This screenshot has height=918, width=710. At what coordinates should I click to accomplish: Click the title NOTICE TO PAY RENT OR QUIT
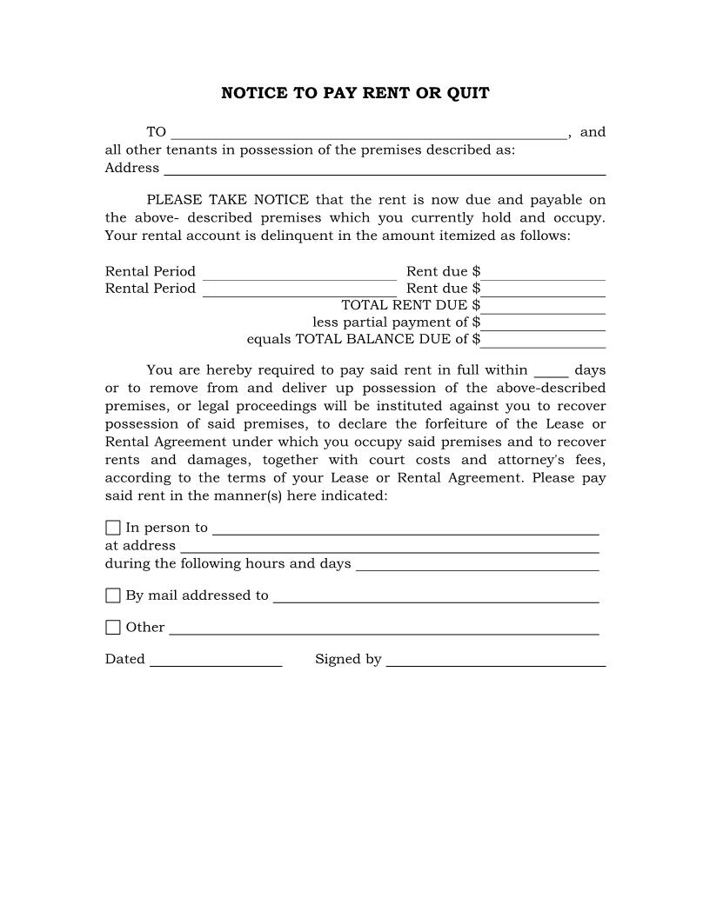(x=355, y=93)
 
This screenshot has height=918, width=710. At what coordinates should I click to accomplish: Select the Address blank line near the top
(x=385, y=170)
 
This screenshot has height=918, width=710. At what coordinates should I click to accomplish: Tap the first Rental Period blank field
(x=299, y=274)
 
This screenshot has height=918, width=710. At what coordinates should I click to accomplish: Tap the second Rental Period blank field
(x=299, y=290)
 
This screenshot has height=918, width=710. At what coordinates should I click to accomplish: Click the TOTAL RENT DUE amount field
(x=544, y=307)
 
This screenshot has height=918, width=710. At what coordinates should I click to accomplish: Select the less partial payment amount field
(x=544, y=324)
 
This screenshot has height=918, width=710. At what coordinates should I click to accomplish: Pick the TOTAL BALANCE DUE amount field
(x=544, y=341)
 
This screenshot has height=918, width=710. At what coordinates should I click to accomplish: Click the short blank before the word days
(x=551, y=372)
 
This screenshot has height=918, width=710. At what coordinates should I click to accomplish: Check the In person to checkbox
(x=113, y=528)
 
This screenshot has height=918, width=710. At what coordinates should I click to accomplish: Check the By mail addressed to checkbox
(x=113, y=595)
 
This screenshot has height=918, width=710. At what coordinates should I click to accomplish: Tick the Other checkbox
(x=113, y=627)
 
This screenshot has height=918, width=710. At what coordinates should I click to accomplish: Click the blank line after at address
(x=389, y=548)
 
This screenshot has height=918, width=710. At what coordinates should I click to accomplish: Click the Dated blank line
(x=216, y=662)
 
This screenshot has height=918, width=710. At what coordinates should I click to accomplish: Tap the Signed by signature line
(x=495, y=662)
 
